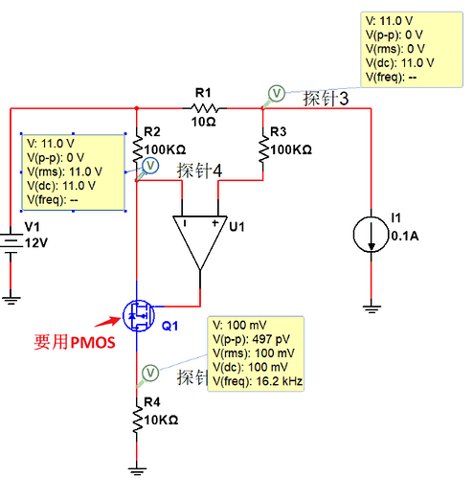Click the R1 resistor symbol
click(204, 108)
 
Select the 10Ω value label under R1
click(204, 122)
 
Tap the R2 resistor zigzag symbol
click(137, 149)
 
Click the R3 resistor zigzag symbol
click(263, 149)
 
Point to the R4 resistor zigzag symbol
click(137, 420)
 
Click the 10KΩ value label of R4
click(161, 421)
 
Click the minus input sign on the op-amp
click(185, 223)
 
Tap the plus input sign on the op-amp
click(215, 222)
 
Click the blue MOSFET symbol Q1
click(139, 316)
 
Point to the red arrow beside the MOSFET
click(108, 321)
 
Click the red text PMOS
click(93, 343)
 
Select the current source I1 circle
click(371, 235)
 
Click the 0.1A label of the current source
click(405, 236)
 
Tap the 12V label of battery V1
click(36, 243)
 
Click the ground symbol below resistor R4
click(137, 470)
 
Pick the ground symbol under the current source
click(372, 309)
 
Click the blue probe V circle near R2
click(150, 166)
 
